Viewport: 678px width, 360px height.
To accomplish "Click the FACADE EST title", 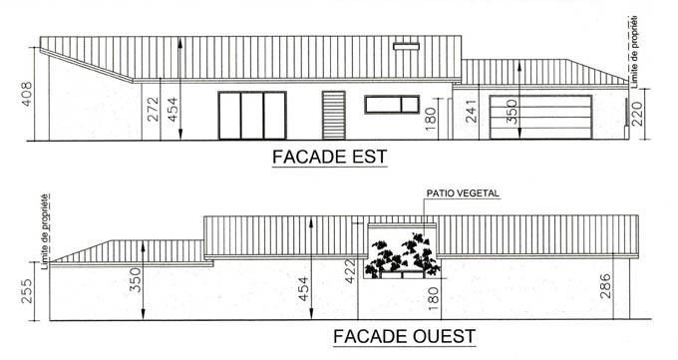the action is [x=329, y=157].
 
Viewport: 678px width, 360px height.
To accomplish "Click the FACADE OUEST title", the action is [x=404, y=336].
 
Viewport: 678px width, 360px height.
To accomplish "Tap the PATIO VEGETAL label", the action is [x=463, y=193].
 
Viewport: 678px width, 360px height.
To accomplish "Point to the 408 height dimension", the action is [x=26, y=94].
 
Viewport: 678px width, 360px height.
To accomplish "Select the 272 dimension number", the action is [x=153, y=109].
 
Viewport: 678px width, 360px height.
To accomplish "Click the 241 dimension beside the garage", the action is [x=472, y=112].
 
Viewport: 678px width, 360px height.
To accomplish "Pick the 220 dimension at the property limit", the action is [x=637, y=113].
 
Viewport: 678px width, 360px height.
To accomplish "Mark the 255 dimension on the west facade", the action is [x=26, y=291].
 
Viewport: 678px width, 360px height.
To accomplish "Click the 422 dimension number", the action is [x=350, y=271].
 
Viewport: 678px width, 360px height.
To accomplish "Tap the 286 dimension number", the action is [x=606, y=286].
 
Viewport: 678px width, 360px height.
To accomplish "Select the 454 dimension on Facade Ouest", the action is [x=303, y=289].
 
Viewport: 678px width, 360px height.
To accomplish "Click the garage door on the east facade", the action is [x=540, y=118].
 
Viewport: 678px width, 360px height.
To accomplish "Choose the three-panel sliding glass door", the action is [x=252, y=116].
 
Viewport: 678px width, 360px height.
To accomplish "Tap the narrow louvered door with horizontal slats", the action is [x=334, y=115].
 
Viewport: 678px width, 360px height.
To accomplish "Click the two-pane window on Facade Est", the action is [x=392, y=105].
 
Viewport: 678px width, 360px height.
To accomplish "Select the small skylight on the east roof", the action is [x=406, y=46].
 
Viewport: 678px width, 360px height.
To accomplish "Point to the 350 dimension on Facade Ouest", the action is [x=135, y=280].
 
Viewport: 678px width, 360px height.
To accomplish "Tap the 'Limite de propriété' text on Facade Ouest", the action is [x=45, y=231].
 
